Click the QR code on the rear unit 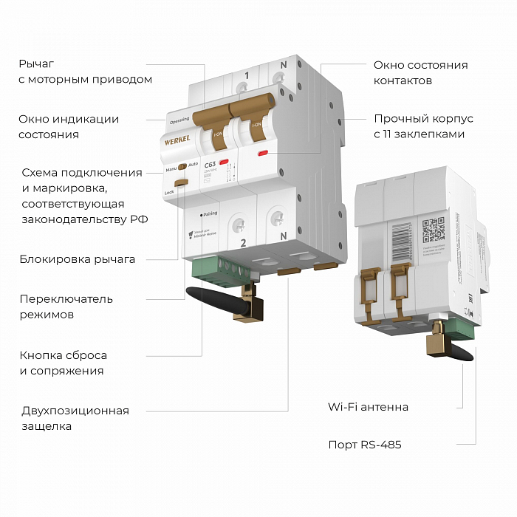tap(433, 230)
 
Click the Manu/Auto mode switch tap(181, 167)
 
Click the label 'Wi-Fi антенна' tap(368, 407)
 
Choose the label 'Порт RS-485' tap(364, 445)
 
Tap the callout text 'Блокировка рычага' tap(78, 259)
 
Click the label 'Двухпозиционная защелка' tap(74, 418)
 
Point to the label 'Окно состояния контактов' tap(420, 72)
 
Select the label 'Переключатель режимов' tap(66, 307)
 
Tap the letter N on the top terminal tap(284, 66)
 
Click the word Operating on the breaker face tap(179, 120)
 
